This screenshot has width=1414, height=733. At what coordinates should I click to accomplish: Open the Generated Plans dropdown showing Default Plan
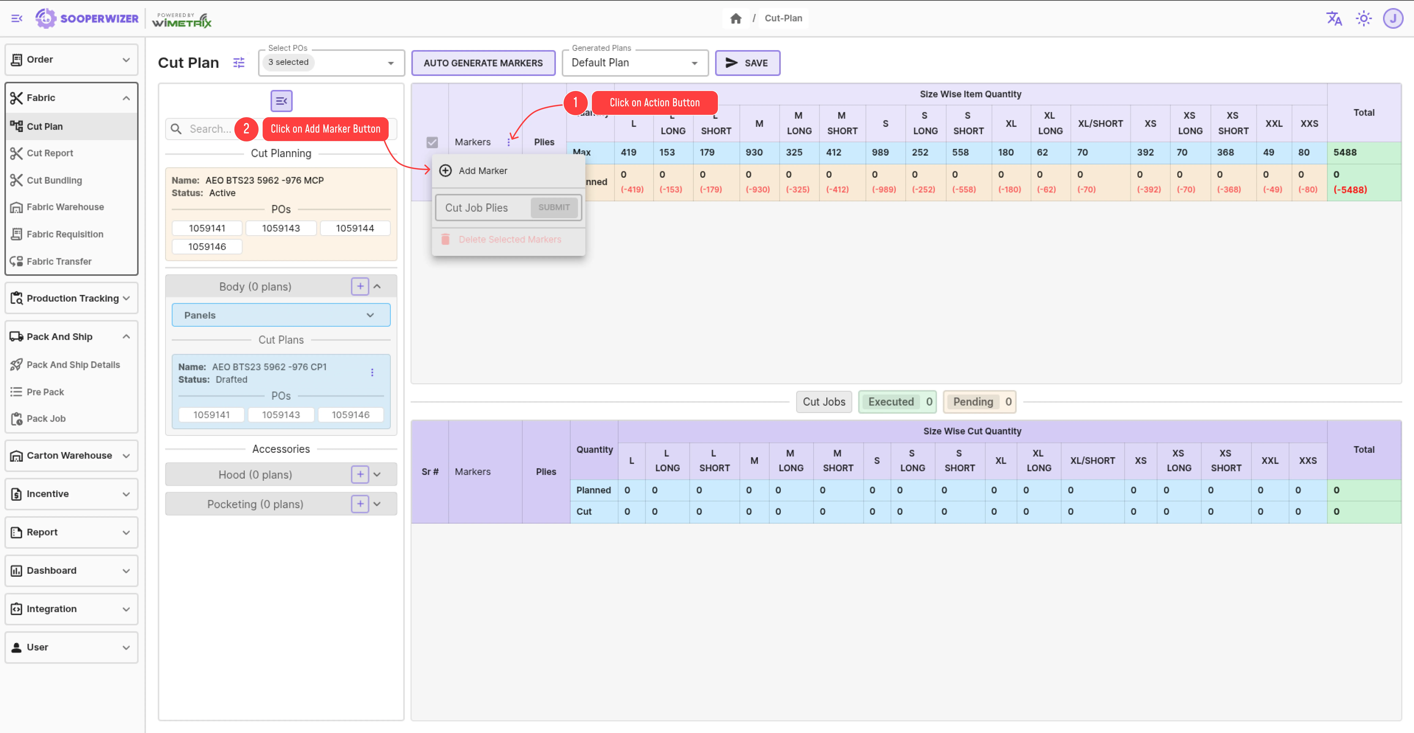[635, 63]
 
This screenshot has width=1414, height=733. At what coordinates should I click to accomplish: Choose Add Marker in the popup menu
[483, 171]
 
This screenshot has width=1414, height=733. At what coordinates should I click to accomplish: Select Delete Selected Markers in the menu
[509, 239]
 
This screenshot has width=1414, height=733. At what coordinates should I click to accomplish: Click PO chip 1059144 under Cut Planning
[355, 228]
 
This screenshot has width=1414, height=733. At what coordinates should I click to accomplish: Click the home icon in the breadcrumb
[736, 19]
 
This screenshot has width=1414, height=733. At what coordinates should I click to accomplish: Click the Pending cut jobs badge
[980, 402]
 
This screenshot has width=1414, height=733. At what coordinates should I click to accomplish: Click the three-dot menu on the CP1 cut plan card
[372, 373]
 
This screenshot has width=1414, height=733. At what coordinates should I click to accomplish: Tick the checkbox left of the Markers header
[432, 142]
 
